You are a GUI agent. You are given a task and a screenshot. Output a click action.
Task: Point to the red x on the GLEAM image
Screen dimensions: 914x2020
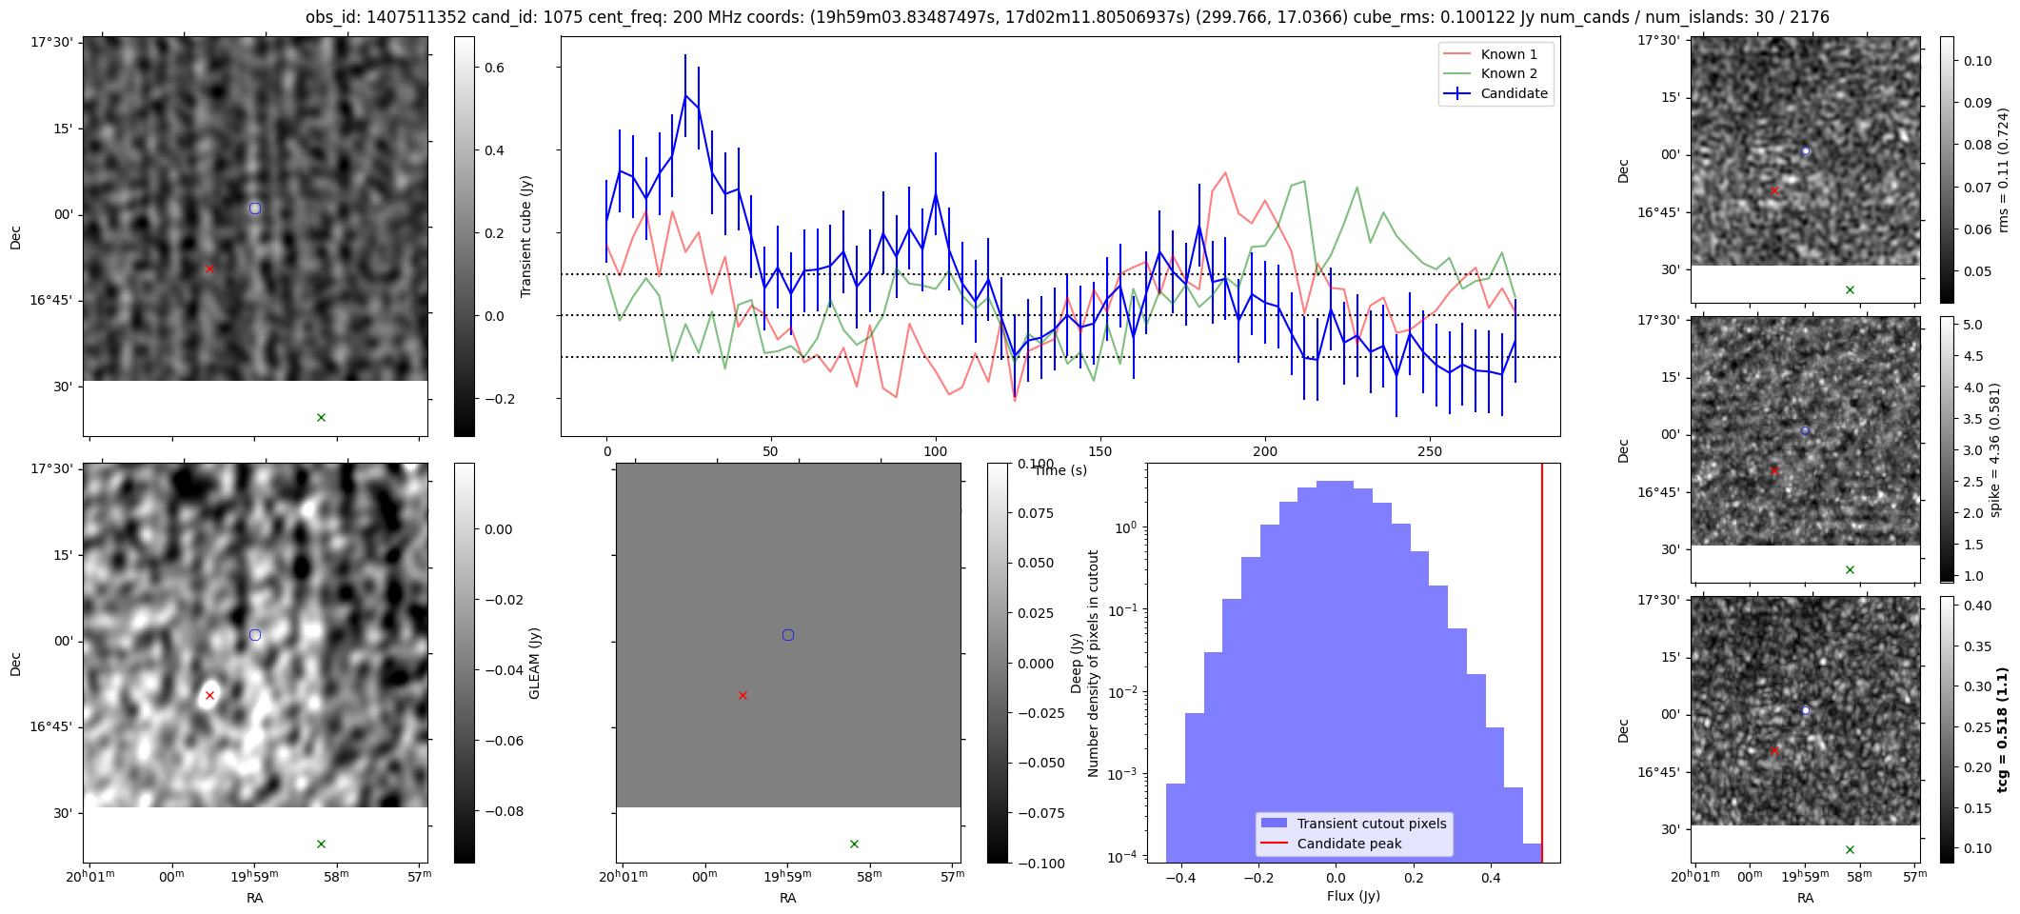pos(209,696)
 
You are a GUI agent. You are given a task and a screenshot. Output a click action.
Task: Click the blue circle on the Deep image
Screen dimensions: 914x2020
pos(788,635)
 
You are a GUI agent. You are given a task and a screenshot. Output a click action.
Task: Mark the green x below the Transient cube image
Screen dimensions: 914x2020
pos(321,418)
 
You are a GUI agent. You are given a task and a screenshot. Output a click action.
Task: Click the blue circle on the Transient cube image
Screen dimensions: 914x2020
pos(254,209)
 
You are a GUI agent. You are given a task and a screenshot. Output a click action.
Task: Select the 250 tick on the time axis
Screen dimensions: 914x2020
pos(1430,451)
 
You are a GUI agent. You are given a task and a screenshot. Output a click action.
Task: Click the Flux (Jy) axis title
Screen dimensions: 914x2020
pos(1353,896)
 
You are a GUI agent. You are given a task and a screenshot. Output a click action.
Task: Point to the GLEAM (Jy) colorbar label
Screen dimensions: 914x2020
pos(534,664)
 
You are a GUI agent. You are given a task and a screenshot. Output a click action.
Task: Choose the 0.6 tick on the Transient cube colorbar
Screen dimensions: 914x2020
pos(494,68)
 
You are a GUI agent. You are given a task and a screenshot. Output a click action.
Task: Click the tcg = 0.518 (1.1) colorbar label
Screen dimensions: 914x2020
pos(2003,730)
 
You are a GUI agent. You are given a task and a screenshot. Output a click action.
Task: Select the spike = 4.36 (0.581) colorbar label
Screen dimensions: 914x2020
pos(1995,449)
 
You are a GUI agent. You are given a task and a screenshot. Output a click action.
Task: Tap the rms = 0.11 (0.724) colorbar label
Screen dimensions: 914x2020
pos(2003,169)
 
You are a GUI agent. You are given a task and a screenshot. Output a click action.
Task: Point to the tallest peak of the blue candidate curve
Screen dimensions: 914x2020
pos(685,94)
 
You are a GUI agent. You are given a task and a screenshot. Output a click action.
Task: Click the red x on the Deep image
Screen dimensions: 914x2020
pos(743,696)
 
